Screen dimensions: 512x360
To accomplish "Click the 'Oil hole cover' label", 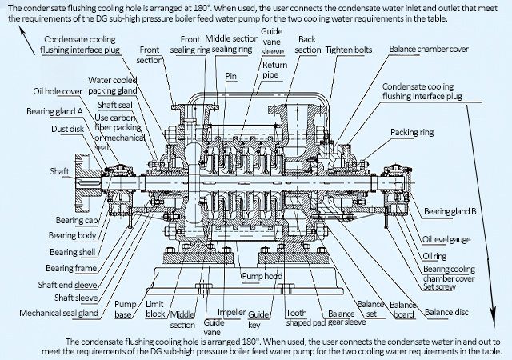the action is click(x=58, y=91).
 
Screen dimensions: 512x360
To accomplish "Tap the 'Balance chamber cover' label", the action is click(x=429, y=49).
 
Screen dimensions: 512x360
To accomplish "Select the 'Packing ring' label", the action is click(x=412, y=132).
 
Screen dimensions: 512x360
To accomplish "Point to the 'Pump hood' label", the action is click(x=262, y=276).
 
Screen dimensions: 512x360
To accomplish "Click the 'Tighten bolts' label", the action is click(x=349, y=50).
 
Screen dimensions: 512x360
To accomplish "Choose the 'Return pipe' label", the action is click(x=275, y=70).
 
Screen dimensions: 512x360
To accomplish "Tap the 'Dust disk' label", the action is click(x=67, y=129).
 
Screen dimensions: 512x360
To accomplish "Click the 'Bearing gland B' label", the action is click(x=450, y=211).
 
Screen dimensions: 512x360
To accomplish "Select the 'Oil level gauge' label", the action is click(x=446, y=239).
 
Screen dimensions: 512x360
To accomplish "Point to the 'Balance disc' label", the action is click(x=446, y=312).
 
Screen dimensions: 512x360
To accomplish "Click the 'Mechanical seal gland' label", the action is click(x=58, y=313).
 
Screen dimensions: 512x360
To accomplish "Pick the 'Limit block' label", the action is click(x=154, y=309).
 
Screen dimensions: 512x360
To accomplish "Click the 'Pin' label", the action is click(x=230, y=76).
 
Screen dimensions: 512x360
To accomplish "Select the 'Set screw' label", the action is click(x=439, y=286).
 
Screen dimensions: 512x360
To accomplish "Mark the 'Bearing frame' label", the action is click(x=71, y=268).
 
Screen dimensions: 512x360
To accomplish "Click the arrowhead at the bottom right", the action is click(x=493, y=316).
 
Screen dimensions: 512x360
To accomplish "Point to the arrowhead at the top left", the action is click(x=22, y=31).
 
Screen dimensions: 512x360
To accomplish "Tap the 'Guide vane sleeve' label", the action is click(x=272, y=42).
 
